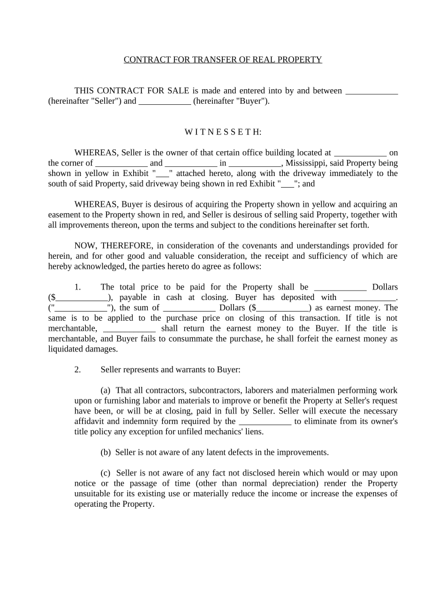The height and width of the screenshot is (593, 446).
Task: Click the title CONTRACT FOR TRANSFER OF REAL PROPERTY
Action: coord(223,60)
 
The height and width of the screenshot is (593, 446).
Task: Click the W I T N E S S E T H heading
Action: coord(223,132)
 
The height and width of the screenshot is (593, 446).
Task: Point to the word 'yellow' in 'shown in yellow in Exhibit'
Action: coord(103,173)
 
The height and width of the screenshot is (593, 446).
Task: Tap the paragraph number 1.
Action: coord(78,287)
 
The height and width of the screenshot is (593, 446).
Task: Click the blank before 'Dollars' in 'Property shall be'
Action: coord(339,287)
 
